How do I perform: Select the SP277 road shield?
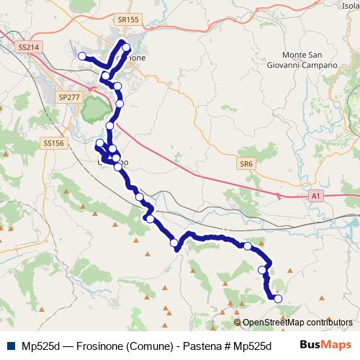tap(69, 96)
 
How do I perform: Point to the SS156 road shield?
tap(54, 143)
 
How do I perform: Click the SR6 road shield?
tap(247, 164)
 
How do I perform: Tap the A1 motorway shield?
tap(317, 194)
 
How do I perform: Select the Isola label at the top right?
tap(351, 6)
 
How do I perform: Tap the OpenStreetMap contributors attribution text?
tap(297, 322)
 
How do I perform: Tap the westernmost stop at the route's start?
tap(82, 56)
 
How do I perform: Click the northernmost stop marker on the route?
tap(127, 48)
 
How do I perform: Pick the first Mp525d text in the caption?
tap(40, 346)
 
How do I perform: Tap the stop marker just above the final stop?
tap(263, 270)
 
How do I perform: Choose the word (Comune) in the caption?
tap(148, 346)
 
